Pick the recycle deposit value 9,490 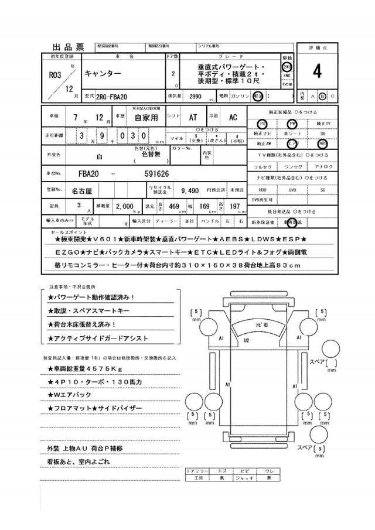191,191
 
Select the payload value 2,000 125,207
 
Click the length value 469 173,206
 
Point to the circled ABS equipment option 323,143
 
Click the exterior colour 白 99,157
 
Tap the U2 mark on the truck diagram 247,340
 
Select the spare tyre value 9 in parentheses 320,449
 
